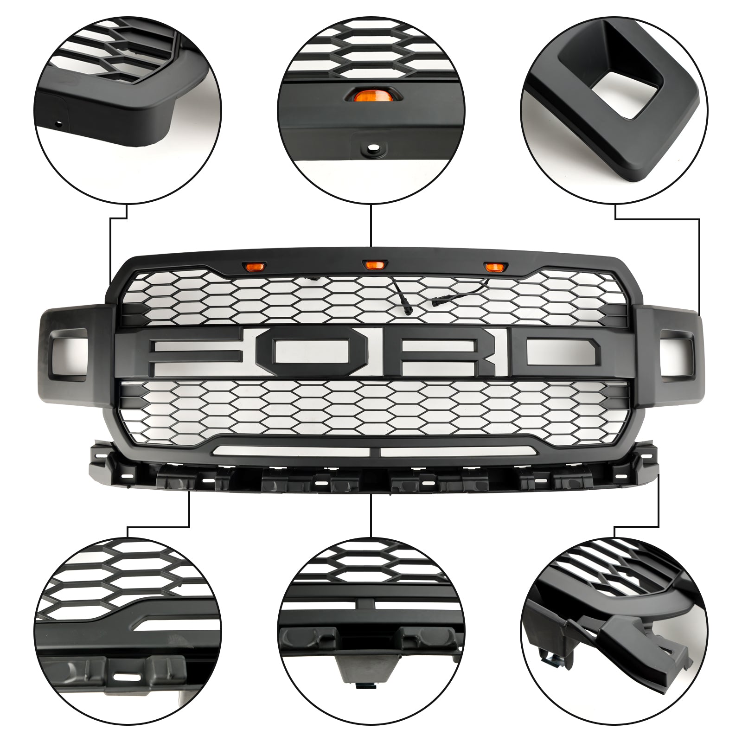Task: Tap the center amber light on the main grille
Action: [371, 264]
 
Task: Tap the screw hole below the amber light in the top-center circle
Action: [371, 149]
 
